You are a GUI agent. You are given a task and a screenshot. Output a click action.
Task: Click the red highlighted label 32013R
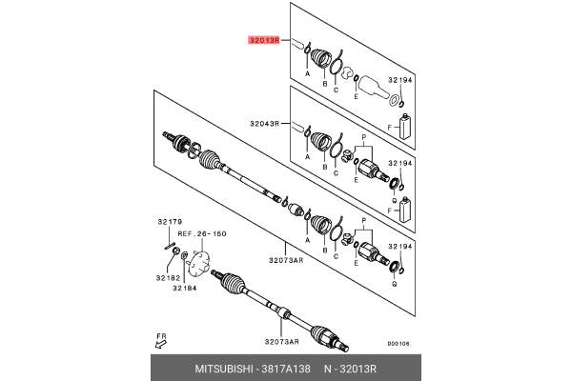click(262, 41)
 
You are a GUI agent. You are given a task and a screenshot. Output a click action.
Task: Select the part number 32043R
click(266, 124)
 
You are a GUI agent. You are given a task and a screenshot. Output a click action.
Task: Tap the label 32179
click(169, 222)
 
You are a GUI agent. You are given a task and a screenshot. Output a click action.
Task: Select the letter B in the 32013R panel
click(324, 85)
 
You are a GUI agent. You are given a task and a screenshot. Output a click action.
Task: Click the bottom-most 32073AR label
click(281, 341)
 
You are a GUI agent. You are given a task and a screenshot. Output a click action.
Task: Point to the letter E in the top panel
click(356, 96)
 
